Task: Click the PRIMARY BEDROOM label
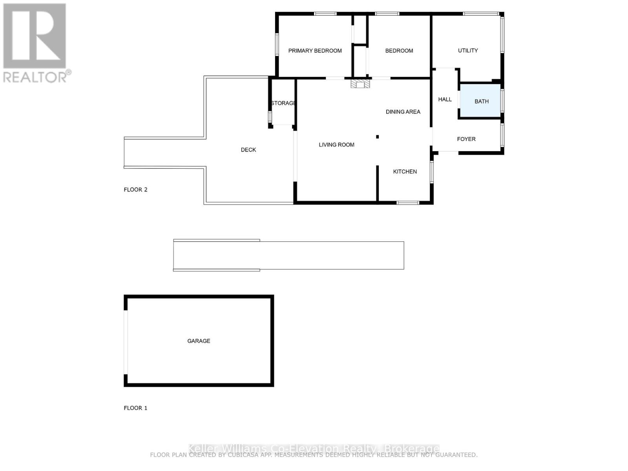click(315, 51)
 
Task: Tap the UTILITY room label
click(468, 51)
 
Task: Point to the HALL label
click(445, 99)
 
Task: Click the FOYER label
click(466, 139)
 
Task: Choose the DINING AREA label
click(403, 112)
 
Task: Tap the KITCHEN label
click(405, 172)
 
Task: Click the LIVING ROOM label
click(336, 145)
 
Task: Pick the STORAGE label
click(283, 103)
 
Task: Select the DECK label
click(248, 150)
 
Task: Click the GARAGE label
click(199, 341)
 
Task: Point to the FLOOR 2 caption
click(135, 190)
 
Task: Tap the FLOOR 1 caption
click(135, 408)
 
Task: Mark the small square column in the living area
click(378, 137)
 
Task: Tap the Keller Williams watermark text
click(314, 448)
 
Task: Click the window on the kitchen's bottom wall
click(408, 203)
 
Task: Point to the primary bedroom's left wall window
click(277, 44)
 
